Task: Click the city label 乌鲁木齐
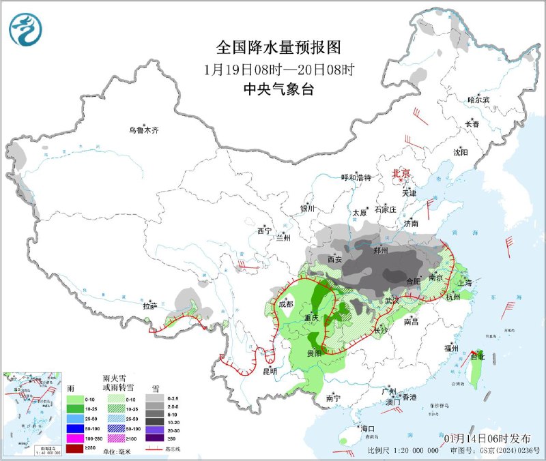point(144,130)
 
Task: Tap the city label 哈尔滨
point(478,100)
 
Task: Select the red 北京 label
point(401,174)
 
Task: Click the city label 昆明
point(269,372)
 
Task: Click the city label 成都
point(287,303)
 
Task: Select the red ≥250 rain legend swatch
point(71,449)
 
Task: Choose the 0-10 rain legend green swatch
point(71,398)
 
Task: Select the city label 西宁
point(265,231)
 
